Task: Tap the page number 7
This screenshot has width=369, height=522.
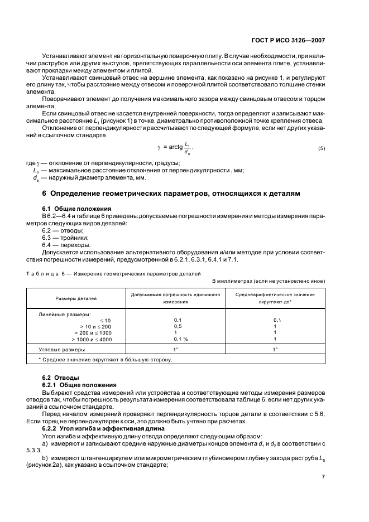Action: [324, 477]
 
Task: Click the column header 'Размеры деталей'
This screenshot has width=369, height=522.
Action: [75, 298]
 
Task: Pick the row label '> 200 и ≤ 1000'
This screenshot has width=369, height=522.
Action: [89, 332]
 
